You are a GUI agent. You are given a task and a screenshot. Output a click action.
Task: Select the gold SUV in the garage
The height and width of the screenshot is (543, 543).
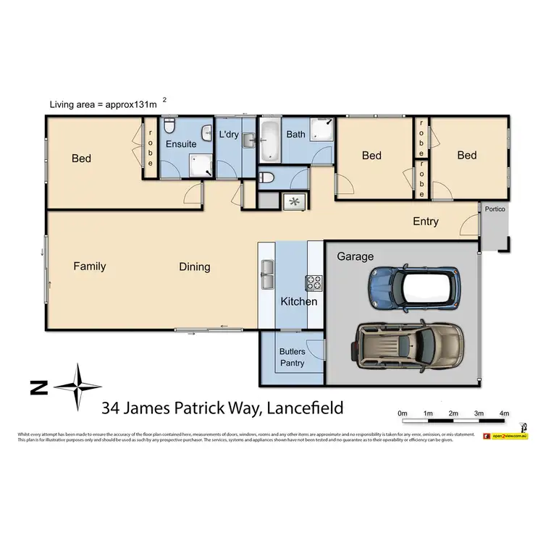point(408,344)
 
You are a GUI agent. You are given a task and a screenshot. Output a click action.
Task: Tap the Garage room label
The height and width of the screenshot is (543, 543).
point(355,256)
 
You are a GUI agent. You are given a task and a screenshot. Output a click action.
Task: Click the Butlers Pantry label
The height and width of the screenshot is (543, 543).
point(292,358)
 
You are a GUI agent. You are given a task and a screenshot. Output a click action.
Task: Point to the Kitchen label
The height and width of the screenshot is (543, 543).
point(298,301)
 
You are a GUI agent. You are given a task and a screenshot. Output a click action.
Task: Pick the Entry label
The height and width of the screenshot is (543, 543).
point(425,222)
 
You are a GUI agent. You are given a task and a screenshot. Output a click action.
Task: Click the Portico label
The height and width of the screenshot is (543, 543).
point(495,209)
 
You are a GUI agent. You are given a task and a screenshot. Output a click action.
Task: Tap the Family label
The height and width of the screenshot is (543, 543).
point(90,266)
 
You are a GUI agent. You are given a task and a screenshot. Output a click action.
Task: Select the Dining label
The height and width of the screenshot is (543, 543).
point(195,267)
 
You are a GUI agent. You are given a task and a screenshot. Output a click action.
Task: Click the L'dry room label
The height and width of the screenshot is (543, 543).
point(229,135)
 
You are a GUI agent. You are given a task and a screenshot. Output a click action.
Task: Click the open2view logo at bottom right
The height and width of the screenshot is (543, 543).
point(509,436)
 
